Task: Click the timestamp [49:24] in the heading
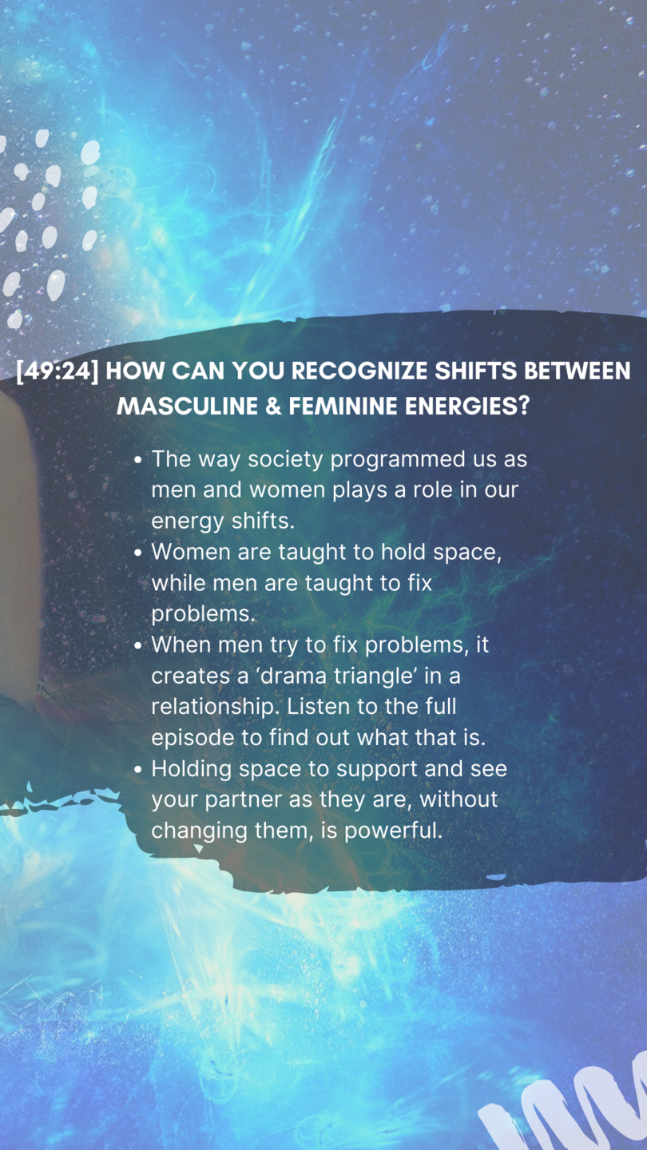(58, 371)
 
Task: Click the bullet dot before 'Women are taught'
(137, 553)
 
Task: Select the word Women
(191, 553)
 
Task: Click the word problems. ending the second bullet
(203, 615)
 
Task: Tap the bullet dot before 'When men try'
(137, 646)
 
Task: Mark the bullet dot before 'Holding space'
(137, 770)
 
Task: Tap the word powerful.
(393, 831)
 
